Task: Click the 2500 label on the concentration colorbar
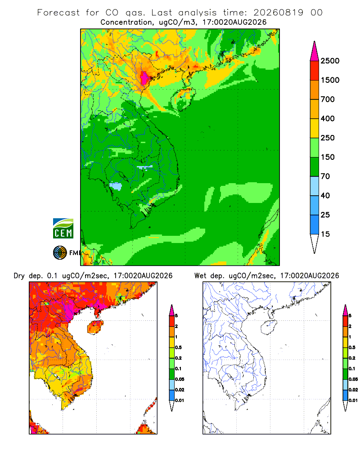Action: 330,61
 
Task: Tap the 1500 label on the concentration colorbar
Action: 330,80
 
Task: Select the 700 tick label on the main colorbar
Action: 328,99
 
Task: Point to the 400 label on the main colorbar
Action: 328,118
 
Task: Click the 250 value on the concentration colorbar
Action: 328,138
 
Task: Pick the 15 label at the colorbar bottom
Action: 325,234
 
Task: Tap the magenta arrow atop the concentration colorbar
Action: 315,51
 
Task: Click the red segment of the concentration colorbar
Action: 315,71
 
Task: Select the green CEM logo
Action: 63,229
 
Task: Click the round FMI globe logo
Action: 60,253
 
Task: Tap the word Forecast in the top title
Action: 58,13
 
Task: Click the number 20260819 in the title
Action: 278,13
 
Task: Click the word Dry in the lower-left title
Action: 19,276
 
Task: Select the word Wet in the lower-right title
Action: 200,276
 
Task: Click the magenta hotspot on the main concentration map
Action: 144,77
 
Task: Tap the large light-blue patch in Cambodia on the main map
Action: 116,186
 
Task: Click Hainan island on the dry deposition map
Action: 95,327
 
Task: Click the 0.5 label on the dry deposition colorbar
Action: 178,347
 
